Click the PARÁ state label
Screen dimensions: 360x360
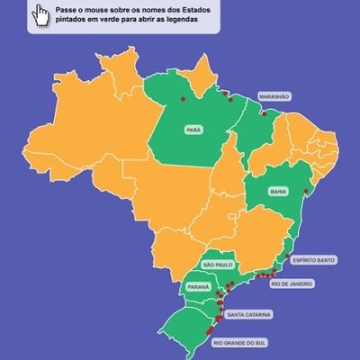point(192,129)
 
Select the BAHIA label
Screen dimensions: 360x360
point(277,190)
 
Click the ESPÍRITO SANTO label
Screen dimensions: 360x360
point(313,260)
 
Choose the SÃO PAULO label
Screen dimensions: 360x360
point(218,265)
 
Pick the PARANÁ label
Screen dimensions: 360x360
point(198,286)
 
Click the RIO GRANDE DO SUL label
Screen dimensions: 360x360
point(240,343)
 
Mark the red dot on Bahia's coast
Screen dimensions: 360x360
point(307,191)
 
